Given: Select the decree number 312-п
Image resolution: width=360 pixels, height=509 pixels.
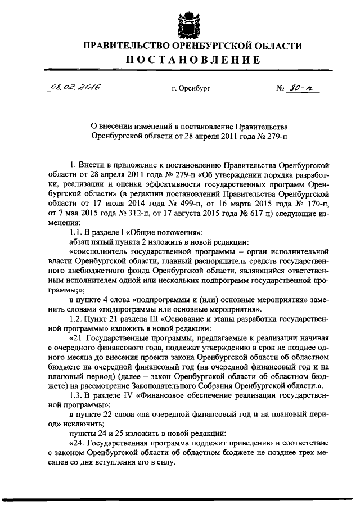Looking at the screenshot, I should (x=131, y=214).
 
